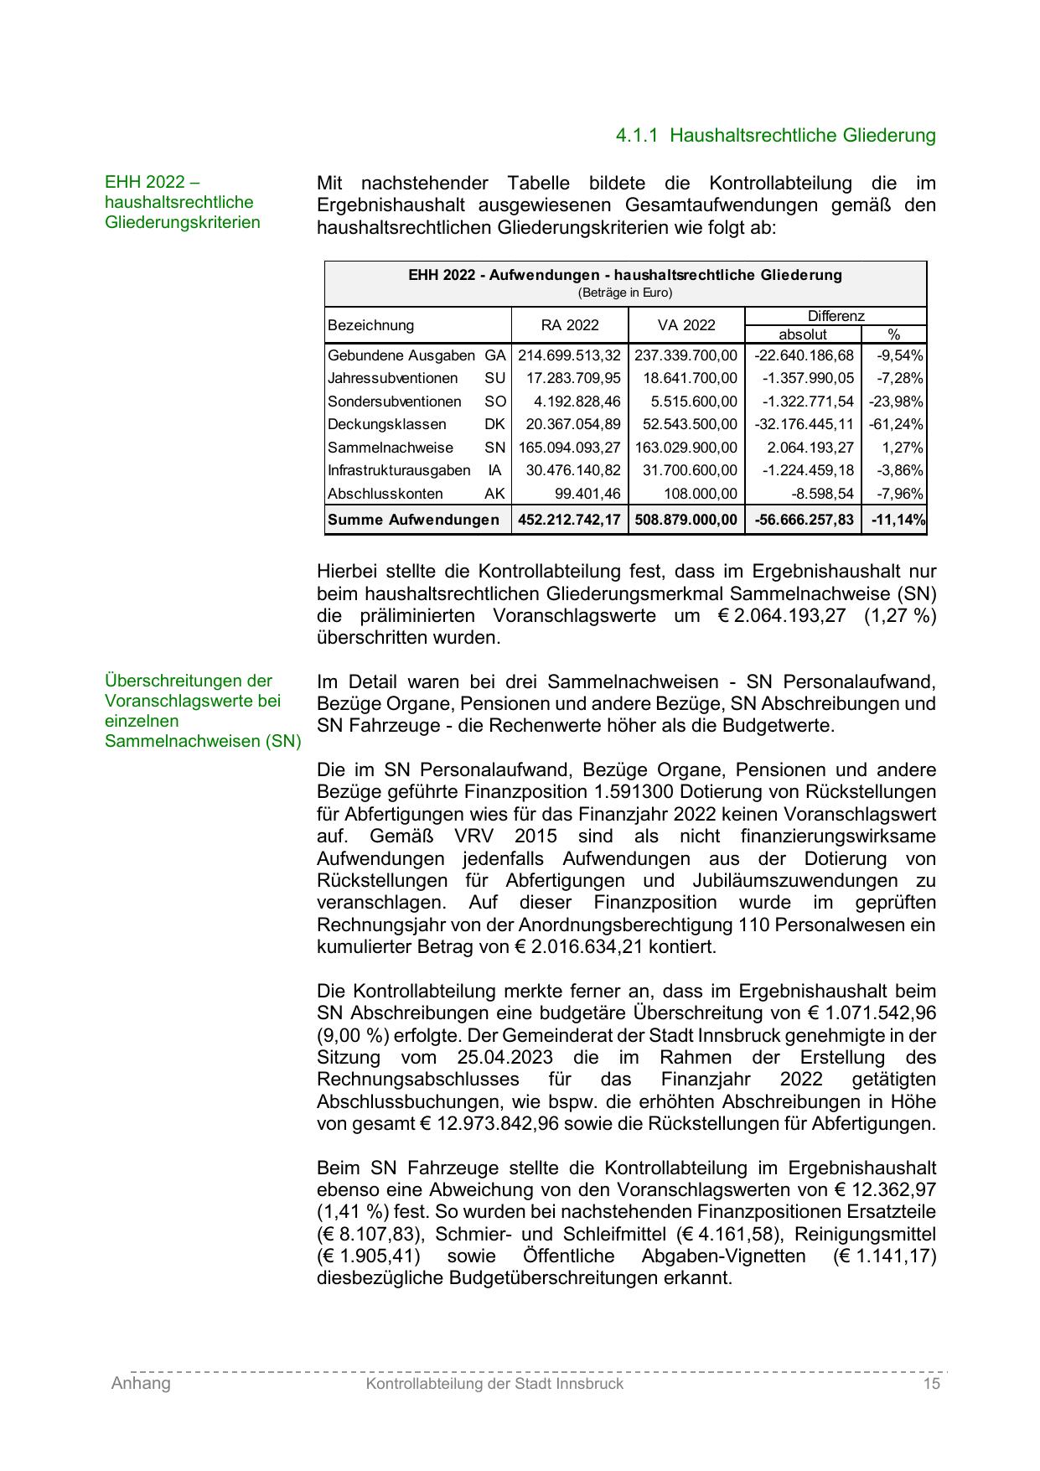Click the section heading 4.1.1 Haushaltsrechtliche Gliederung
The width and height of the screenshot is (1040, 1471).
tap(775, 135)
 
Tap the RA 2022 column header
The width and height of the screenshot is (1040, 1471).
tap(570, 325)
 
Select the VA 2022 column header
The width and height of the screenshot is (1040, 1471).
tap(686, 325)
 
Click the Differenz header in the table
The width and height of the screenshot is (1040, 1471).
tap(835, 316)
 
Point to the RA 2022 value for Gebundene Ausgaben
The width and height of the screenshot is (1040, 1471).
tap(570, 355)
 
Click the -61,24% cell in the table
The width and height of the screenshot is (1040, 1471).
tap(896, 424)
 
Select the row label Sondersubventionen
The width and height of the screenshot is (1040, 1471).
tap(394, 401)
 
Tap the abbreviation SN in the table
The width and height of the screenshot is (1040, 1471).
tap(494, 448)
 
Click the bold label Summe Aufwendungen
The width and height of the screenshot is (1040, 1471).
tap(413, 520)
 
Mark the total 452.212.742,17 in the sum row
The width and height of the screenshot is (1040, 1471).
tap(570, 520)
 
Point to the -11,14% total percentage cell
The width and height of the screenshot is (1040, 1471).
tap(898, 520)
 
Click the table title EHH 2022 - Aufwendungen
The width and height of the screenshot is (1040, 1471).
tap(624, 275)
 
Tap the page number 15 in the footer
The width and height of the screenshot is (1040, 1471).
tap(931, 1384)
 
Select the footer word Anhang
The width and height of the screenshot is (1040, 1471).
tap(141, 1384)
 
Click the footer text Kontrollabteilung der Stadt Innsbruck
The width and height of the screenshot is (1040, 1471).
tap(494, 1384)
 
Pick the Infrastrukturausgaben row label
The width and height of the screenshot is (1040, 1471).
tap(399, 470)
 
